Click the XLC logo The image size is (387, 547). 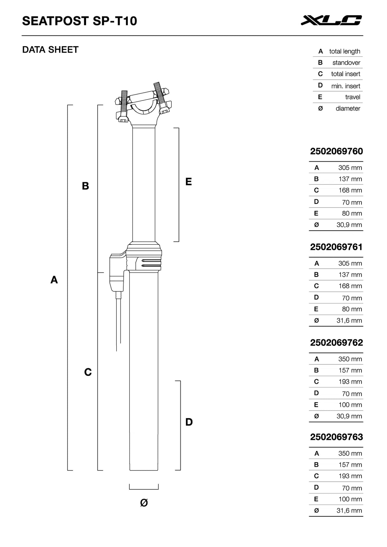click(331, 20)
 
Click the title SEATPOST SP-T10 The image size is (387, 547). click(79, 21)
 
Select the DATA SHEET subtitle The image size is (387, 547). click(50, 50)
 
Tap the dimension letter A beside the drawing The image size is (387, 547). click(54, 280)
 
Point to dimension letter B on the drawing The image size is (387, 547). click(85, 186)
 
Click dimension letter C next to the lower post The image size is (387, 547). click(88, 372)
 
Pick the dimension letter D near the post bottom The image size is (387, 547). click(189, 422)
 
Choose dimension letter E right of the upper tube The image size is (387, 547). click(188, 182)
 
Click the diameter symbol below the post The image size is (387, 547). click(144, 503)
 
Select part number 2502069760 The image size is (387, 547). click(336, 151)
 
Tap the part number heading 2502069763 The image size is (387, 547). click(336, 437)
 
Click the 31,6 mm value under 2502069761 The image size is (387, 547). click(349, 320)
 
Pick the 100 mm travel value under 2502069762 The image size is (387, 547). click(350, 405)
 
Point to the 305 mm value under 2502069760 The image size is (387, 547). click(350, 168)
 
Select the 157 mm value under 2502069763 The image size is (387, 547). click(350, 464)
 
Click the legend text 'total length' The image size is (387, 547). click(345, 51)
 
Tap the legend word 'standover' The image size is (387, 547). click(346, 63)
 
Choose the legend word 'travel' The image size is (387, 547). click(353, 97)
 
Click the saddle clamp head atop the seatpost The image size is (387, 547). click(143, 104)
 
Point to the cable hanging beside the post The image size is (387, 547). click(119, 322)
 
